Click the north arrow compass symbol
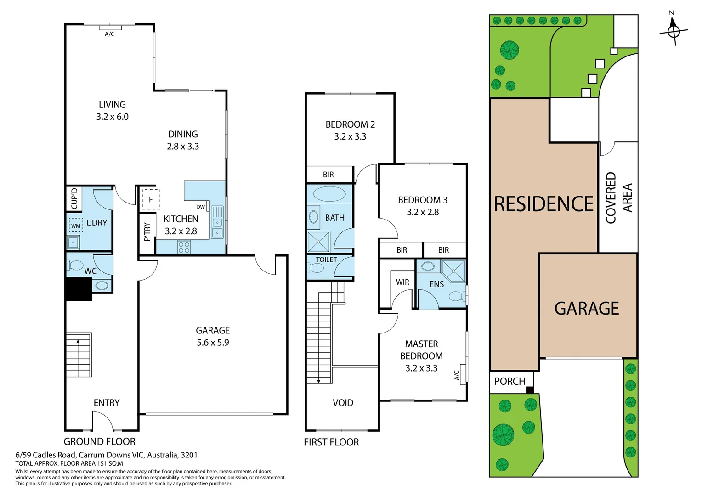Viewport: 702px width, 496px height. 674,31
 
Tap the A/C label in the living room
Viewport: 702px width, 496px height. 109,34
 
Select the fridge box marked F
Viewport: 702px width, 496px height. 150,199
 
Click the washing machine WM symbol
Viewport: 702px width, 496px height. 76,225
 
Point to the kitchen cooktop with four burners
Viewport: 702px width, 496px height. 184,248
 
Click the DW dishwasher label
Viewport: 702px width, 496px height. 200,207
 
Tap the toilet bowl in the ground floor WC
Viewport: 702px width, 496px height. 75,265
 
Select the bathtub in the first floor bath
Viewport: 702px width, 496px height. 329,194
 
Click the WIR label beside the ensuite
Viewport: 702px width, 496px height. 402,282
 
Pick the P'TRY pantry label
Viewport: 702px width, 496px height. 147,232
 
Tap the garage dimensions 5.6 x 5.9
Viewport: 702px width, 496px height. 213,343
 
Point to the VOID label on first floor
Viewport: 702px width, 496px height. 343,403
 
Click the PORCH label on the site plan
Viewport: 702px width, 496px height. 510,381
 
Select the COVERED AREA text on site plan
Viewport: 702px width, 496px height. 618,197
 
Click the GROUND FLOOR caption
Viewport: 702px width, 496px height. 99,441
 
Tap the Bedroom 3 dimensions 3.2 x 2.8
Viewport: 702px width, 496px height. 423,212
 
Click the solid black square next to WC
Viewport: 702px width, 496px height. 79,289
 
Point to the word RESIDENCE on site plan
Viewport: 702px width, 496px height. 543,204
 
